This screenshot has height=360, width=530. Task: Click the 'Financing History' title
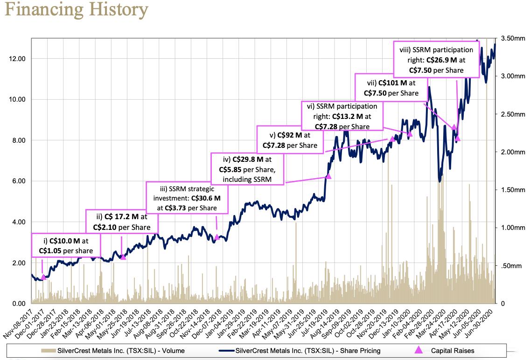click(x=77, y=10)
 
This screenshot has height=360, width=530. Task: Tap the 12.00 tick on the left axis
click(x=17, y=59)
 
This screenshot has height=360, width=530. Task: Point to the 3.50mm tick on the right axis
click(x=513, y=38)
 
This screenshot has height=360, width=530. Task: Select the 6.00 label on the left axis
click(x=19, y=181)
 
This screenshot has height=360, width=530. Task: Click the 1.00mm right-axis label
click(x=513, y=228)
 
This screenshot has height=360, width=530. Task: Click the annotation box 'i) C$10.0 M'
click(x=66, y=245)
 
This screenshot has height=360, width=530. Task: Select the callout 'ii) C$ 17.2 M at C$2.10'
click(x=122, y=222)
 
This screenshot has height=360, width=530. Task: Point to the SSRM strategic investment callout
click(x=187, y=198)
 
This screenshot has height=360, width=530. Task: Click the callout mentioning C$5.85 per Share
click(x=247, y=169)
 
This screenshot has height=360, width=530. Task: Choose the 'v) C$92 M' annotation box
click(x=290, y=140)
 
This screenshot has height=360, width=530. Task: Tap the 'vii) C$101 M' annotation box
click(x=391, y=88)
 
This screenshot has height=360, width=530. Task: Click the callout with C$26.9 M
click(x=436, y=60)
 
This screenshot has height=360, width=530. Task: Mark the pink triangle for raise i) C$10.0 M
click(x=43, y=277)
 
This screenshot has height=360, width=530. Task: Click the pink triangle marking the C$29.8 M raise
click(x=328, y=176)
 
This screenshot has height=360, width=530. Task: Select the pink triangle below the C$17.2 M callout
click(x=123, y=257)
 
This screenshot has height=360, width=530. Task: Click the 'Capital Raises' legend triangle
click(x=418, y=350)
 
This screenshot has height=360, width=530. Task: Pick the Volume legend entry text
click(x=121, y=351)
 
